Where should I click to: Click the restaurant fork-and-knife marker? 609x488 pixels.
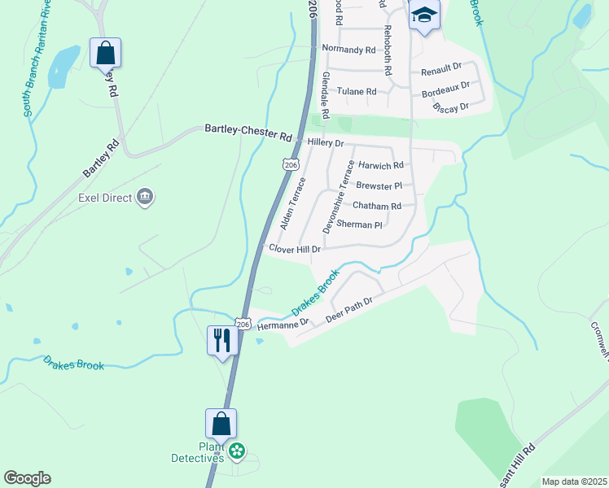(221, 340)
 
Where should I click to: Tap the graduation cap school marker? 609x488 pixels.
(424, 16)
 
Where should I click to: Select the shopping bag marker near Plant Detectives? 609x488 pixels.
(221, 424)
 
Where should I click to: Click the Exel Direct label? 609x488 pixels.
(105, 197)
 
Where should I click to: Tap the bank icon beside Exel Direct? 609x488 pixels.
(146, 196)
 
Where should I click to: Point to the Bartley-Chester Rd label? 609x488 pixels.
(248, 132)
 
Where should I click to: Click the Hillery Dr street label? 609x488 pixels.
(326, 142)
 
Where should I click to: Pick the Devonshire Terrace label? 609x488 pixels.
(338, 198)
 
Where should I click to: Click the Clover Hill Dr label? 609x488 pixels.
(295, 249)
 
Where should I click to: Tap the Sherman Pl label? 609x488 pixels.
(359, 224)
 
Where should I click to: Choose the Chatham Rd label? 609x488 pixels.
(377, 206)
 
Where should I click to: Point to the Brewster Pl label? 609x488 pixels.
(380, 185)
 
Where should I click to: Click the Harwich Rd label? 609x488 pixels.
(381, 165)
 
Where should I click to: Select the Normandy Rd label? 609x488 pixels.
(348, 49)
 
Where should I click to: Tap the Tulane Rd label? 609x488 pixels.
(357, 92)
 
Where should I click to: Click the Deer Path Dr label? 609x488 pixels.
(348, 310)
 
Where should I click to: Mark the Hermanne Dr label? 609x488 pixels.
(283, 324)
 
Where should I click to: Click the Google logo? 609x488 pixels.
(27, 478)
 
